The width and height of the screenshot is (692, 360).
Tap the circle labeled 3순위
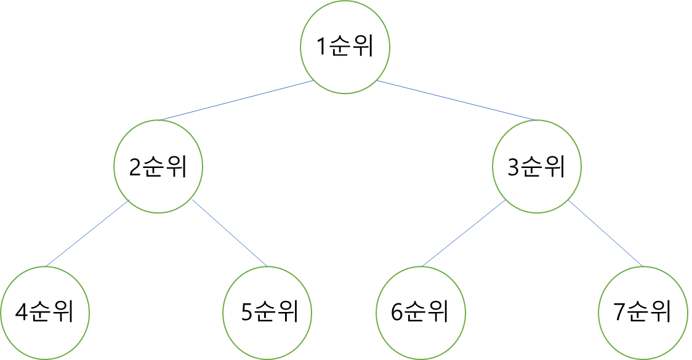(536, 166)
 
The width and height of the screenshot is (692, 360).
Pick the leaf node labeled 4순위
(44, 311)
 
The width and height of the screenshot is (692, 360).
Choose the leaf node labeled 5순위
(268, 311)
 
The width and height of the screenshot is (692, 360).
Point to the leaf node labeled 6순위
(420, 311)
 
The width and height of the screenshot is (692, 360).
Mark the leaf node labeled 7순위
(643, 311)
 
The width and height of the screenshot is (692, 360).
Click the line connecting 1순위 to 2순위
(236, 100)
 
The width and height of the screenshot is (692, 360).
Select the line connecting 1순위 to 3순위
(456, 100)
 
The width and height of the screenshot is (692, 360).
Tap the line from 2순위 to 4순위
(87, 234)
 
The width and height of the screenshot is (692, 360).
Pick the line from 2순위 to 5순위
(230, 233)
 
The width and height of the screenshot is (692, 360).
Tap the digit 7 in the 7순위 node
(621, 312)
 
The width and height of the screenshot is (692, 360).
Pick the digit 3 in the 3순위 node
(513, 167)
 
